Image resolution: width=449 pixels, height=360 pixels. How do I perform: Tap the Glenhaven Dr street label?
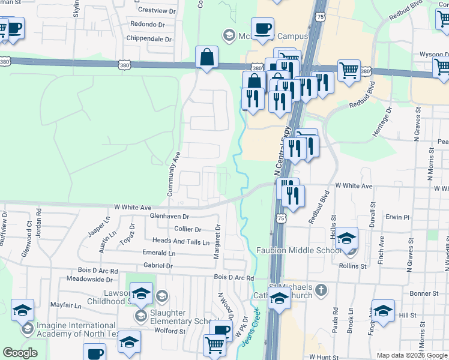pos(170,217)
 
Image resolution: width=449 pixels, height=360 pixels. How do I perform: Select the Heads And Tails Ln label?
pos(181,242)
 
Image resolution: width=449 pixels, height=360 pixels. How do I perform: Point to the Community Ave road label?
pos(173,173)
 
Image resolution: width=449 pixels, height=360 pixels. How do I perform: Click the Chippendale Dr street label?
pos(149,39)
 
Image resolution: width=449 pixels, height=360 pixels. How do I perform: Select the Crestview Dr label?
pos(156,11)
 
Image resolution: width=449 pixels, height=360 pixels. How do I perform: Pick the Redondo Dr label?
pos(148,25)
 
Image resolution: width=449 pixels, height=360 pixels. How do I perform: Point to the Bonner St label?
pos(425,293)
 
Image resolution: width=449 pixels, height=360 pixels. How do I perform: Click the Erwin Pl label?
pos(397,217)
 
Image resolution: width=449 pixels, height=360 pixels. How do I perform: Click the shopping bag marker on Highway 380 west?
pos(206,59)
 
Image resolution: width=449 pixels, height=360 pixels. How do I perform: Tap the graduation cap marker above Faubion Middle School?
pos(346,238)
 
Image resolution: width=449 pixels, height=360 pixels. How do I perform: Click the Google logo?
pos(20,353)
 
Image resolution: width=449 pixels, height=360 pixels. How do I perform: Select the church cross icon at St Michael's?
pos(321,290)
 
